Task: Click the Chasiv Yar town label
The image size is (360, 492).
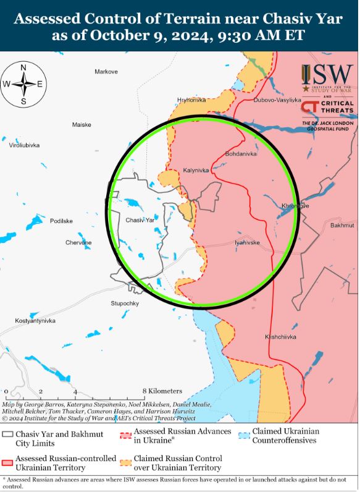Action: [x=140, y=220]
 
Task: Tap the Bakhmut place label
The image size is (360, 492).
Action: [x=342, y=226]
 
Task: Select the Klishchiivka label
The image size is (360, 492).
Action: [x=280, y=337]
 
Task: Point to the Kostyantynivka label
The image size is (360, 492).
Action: [x=35, y=321]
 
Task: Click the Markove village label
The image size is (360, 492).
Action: [x=106, y=72]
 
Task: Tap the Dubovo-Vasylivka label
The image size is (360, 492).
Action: [x=277, y=100]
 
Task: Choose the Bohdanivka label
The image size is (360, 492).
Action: [x=241, y=154]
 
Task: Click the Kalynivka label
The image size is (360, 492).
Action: [x=196, y=170]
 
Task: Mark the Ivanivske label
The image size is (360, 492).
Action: [x=247, y=243]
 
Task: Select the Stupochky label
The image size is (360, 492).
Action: [x=125, y=303]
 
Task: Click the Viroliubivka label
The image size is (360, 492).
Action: [x=24, y=145]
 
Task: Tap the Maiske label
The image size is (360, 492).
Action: [x=82, y=125]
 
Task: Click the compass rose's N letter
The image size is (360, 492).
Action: [x=23, y=67]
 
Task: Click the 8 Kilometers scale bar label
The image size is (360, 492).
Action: [x=162, y=391]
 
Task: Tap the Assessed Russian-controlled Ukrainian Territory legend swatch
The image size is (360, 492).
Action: [x=8, y=462]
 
